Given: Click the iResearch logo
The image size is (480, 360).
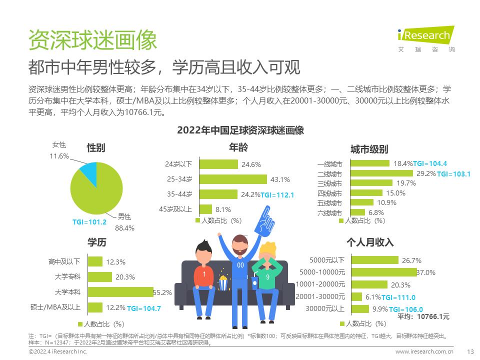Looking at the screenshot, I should click(426, 38).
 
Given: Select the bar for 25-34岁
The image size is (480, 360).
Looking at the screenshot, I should click(233, 179).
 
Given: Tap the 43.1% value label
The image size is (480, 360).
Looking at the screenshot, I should click(280, 179).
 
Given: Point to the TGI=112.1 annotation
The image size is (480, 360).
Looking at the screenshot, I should click(277, 195).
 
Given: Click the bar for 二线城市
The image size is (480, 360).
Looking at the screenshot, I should click(382, 173).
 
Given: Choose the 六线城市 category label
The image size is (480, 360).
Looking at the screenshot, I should click(329, 213).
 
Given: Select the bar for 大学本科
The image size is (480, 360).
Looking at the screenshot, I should click(120, 291).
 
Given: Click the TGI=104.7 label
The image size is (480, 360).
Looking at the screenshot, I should click(144, 308).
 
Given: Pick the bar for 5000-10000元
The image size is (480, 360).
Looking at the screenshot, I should click(383, 272).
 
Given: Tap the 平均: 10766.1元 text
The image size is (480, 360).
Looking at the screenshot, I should click(423, 316).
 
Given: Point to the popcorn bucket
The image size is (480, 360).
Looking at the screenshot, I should click(223, 283).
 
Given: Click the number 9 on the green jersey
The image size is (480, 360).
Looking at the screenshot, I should click(267, 277).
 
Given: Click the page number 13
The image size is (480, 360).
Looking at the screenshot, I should click(469, 352).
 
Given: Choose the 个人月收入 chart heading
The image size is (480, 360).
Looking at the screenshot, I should click(370, 242).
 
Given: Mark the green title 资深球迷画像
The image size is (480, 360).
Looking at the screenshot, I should click(93, 39).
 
